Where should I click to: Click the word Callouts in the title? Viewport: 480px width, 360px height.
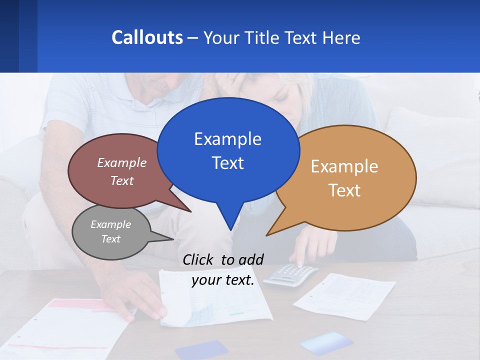click(x=147, y=37)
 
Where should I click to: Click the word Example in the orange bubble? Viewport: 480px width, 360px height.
click(x=344, y=166)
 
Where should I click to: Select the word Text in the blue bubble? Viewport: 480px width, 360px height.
click(x=228, y=163)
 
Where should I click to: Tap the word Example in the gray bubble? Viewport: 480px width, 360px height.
click(x=110, y=224)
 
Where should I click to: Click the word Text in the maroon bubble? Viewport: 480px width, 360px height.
click(x=122, y=180)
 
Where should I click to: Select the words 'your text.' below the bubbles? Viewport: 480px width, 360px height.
click(x=223, y=280)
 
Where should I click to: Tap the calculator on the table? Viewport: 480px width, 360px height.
click(x=290, y=274)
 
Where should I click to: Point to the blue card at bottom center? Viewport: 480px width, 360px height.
click(x=202, y=350)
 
